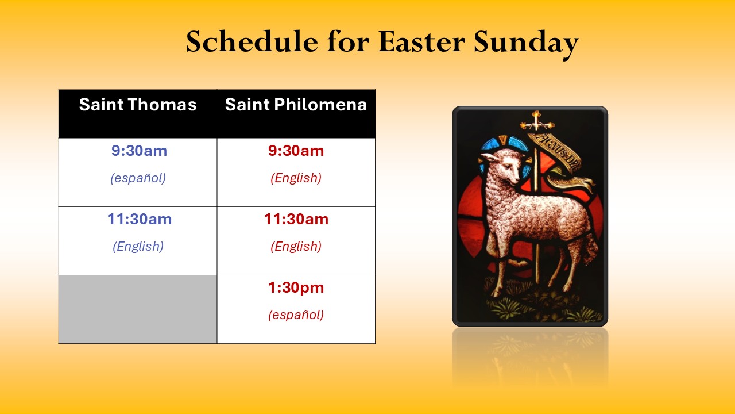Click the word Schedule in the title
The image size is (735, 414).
(x=252, y=41)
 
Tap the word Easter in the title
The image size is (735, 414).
(x=421, y=41)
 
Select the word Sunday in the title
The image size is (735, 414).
(x=526, y=44)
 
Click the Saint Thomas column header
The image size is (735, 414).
(x=138, y=105)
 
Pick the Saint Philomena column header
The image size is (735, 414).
(x=296, y=105)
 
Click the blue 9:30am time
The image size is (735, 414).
(x=139, y=151)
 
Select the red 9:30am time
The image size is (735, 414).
(x=296, y=151)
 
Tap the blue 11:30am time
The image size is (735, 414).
(x=140, y=219)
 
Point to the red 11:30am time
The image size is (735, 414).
(x=296, y=219)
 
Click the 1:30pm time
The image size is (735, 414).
(x=296, y=288)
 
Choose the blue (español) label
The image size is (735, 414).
(x=138, y=178)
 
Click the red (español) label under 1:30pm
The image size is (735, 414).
(x=296, y=315)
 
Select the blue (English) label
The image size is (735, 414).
(x=138, y=247)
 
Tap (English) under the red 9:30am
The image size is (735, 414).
(x=296, y=178)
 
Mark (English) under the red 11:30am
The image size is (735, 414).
(x=296, y=247)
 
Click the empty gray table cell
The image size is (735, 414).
(x=138, y=309)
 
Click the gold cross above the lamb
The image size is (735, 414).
(x=536, y=121)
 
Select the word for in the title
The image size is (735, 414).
(x=348, y=41)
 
